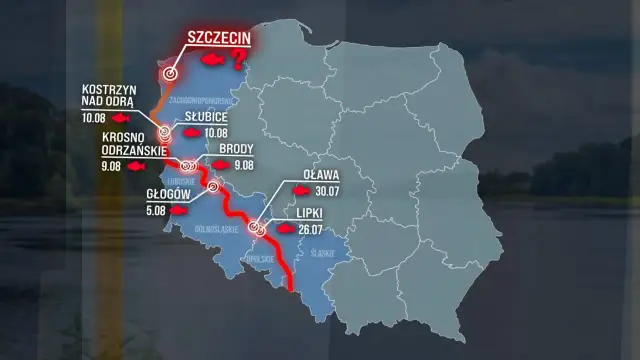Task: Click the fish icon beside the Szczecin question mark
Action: click(212, 63)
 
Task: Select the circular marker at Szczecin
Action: click(171, 72)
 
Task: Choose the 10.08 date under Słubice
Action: click(216, 132)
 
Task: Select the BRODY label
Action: click(236, 149)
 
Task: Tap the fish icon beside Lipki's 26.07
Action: click(285, 229)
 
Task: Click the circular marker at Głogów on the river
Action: click(212, 186)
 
